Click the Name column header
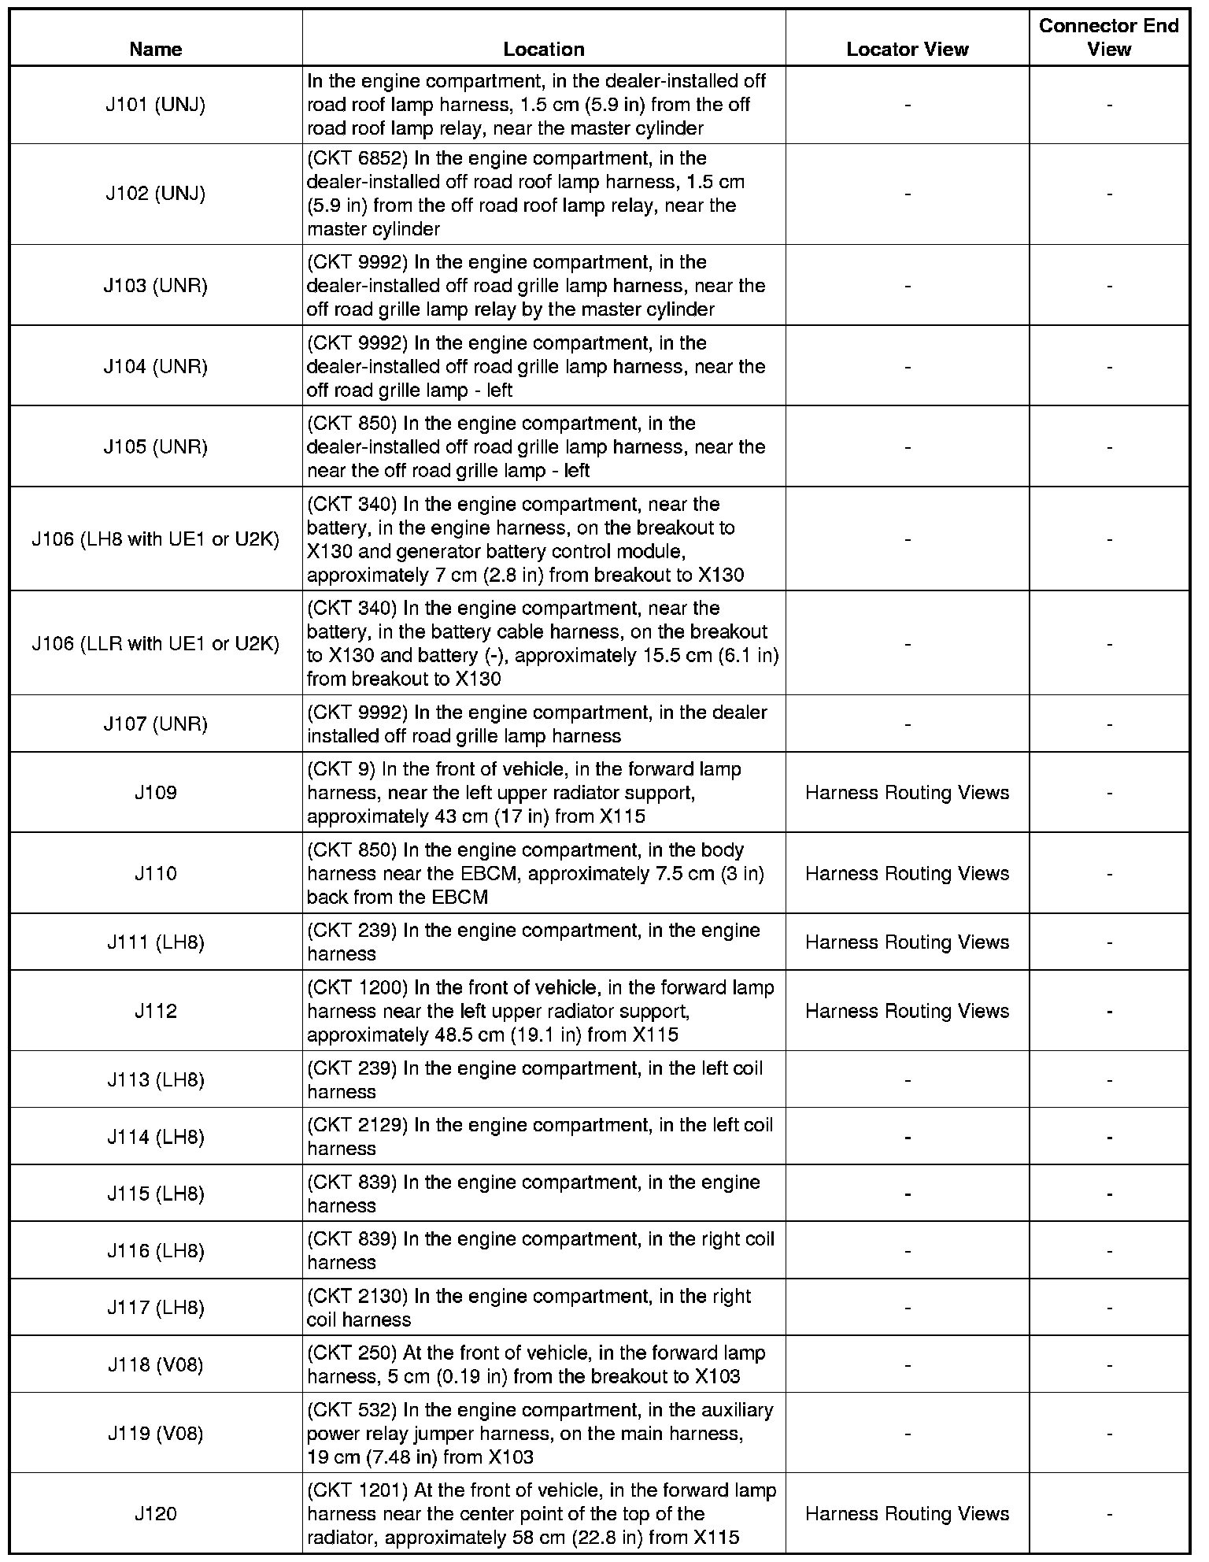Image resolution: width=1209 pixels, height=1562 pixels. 156,50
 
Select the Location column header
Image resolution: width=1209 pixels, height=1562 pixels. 544,50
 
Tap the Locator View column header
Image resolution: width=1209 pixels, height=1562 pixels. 908,50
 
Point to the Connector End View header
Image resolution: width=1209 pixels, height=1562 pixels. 1109,38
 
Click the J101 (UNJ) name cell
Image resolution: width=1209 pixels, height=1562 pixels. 156,105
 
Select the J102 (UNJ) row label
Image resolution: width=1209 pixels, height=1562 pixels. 156,194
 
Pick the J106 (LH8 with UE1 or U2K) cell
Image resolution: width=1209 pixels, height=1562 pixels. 156,539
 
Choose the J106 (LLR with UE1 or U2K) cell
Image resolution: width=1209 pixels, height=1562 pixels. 156,643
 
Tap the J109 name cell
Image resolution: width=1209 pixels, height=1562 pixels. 156,792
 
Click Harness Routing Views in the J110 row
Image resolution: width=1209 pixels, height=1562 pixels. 908,873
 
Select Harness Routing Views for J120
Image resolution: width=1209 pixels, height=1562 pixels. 908,1513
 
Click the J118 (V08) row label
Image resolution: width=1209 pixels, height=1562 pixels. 156,1364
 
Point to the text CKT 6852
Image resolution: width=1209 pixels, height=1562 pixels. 357,158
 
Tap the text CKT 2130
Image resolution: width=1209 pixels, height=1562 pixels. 357,1296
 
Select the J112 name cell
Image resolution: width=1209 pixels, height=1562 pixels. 156,1011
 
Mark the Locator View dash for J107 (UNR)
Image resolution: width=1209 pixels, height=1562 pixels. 908,724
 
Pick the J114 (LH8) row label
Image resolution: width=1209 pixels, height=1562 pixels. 156,1137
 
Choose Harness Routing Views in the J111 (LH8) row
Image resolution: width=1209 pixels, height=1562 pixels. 908,942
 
